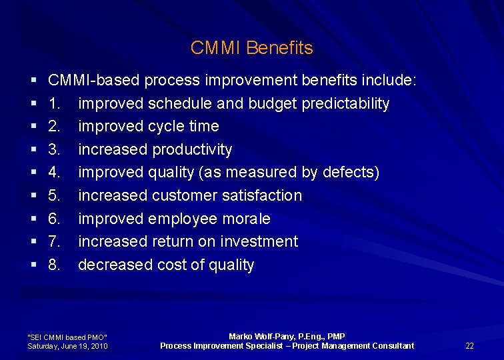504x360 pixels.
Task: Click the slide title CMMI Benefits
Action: (x=251, y=48)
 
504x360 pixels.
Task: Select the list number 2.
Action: (x=55, y=126)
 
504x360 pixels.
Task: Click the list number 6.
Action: (x=55, y=219)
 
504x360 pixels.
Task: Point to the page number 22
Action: (x=469, y=345)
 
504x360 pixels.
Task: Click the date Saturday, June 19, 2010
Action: (x=67, y=346)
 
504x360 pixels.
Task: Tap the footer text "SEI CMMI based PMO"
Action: (x=67, y=337)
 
